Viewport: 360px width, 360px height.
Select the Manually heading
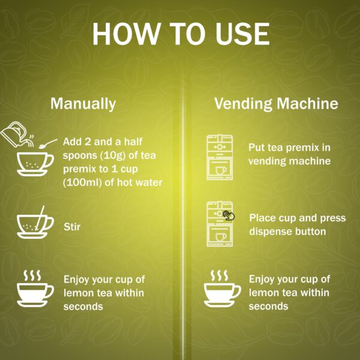83,103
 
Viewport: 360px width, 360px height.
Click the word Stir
72,227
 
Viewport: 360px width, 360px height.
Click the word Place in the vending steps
262,217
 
